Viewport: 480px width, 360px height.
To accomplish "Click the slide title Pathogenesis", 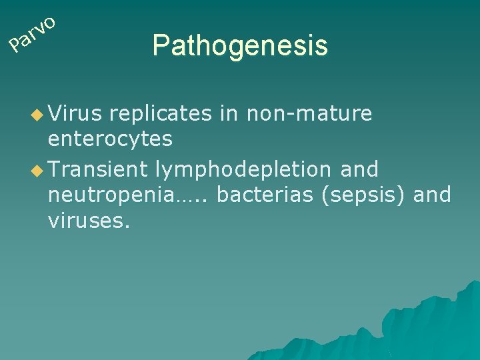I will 239,46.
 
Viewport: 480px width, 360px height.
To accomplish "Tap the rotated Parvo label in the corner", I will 31,35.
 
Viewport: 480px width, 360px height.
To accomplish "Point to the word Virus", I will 75,114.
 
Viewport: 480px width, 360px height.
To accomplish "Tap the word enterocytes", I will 110,139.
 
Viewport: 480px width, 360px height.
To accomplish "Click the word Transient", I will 97,169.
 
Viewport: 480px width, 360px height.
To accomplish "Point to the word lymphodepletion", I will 243,169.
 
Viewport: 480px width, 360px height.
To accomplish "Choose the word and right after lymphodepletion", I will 359,169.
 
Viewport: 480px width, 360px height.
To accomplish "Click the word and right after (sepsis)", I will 432,195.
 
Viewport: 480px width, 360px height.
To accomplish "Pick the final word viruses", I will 89,220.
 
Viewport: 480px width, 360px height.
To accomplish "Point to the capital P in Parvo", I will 15,46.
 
